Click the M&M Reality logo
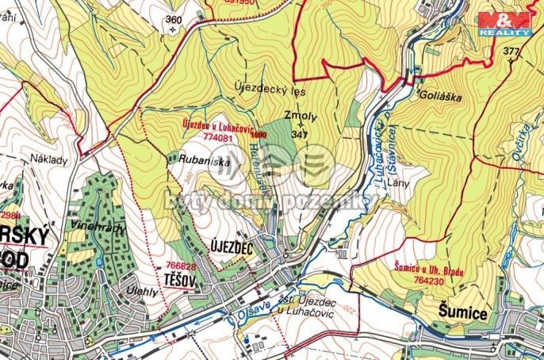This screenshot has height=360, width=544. (x=508, y=23)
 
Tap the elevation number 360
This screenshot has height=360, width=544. (x=174, y=19)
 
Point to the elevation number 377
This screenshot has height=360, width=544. (x=511, y=52)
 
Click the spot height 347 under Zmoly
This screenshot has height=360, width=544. (x=299, y=135)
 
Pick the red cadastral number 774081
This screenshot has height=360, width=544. (x=218, y=136)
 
